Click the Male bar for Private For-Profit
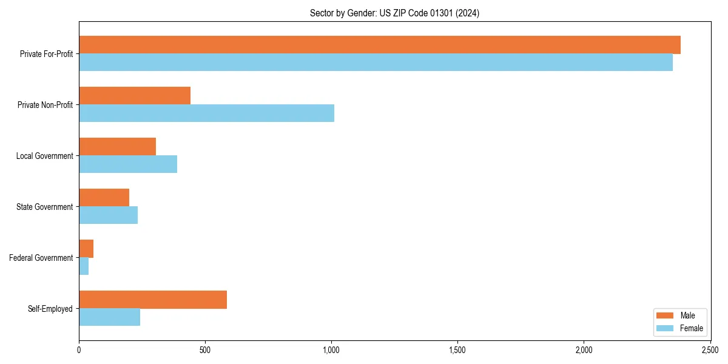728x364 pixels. click(x=379, y=45)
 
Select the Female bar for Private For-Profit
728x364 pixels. click(x=376, y=62)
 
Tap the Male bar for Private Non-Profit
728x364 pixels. click(x=135, y=96)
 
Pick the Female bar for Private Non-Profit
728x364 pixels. click(x=206, y=113)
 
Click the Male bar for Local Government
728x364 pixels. click(x=117, y=147)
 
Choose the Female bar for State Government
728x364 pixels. click(x=108, y=215)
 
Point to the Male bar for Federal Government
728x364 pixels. click(x=86, y=249)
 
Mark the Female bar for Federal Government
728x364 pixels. click(x=84, y=266)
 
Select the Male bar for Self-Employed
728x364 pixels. click(x=153, y=300)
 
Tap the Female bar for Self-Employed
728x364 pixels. click(x=109, y=317)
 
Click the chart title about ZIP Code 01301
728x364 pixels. click(x=394, y=13)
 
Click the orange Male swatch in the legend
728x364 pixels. click(x=666, y=315)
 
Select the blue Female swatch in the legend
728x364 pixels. click(x=666, y=328)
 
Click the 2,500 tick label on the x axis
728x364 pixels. click(x=710, y=350)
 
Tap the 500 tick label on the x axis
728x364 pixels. click(x=205, y=350)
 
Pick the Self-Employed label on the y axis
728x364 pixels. click(x=50, y=309)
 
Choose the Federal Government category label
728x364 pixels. click(x=41, y=258)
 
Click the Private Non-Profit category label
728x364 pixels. click(x=45, y=105)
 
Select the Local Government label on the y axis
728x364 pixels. click(x=44, y=156)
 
